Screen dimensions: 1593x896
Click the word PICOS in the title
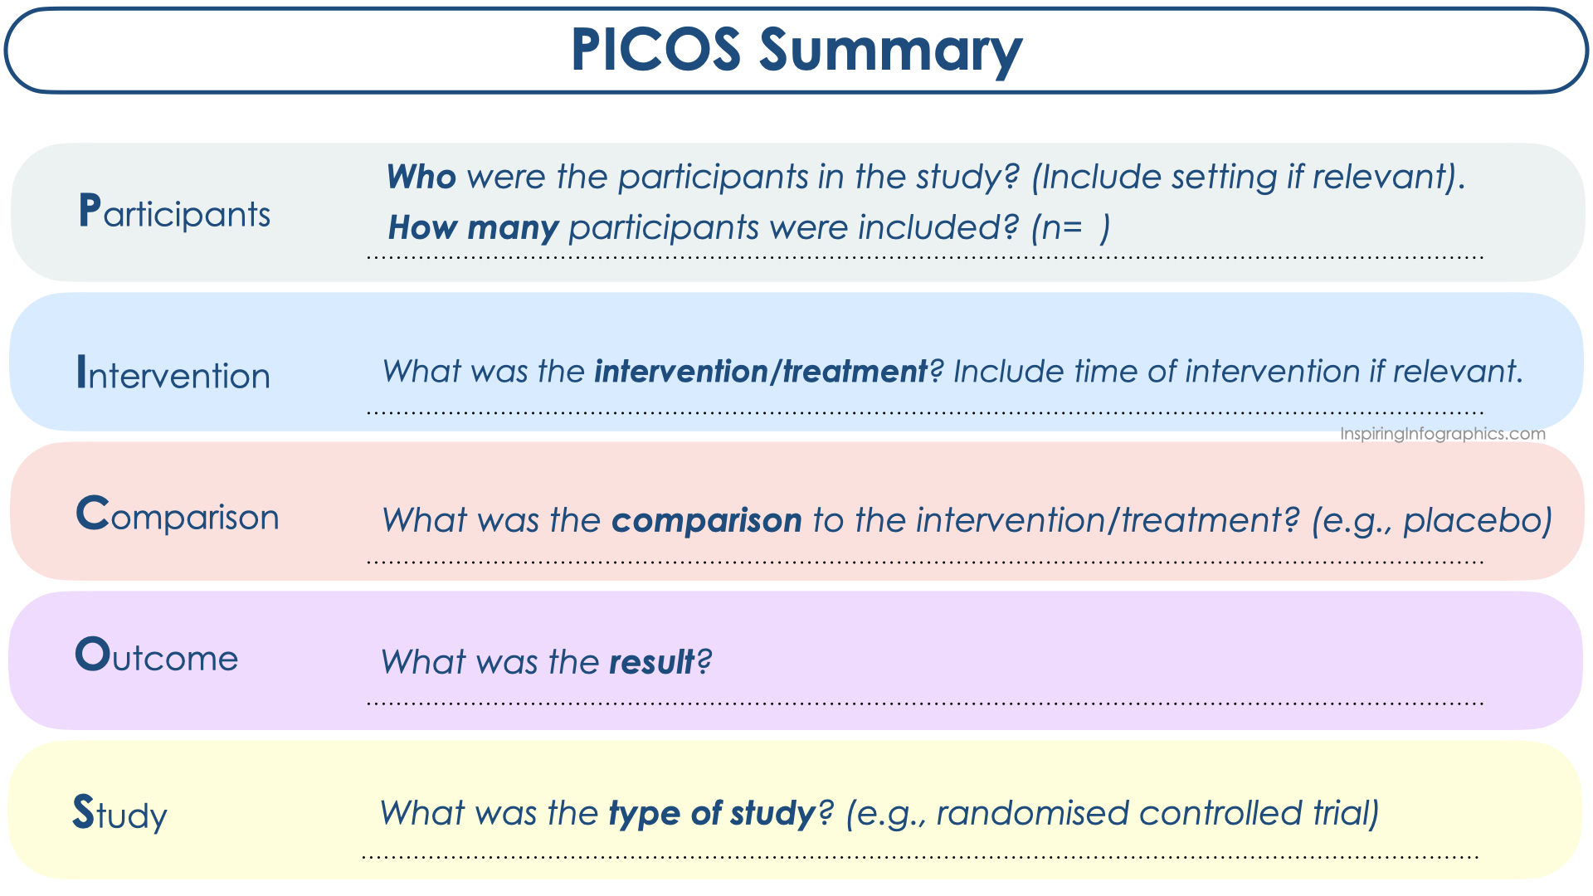pos(655,50)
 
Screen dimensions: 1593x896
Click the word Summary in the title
pos(890,51)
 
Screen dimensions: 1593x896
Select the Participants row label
pos(174,212)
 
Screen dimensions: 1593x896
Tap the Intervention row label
pos(173,373)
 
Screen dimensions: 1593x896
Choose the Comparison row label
pos(178,514)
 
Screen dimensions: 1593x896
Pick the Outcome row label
pos(157,655)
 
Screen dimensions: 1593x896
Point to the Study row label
pos(120,813)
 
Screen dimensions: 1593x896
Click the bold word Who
pos(421,177)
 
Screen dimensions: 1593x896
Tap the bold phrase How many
pos(473,228)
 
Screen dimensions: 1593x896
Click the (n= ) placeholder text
pos(1070,228)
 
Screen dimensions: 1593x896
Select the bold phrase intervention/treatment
pos(761,371)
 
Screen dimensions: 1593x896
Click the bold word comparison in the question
pos(707,521)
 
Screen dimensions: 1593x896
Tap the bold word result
pos(651,662)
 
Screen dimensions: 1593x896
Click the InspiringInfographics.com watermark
pos(1443,434)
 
